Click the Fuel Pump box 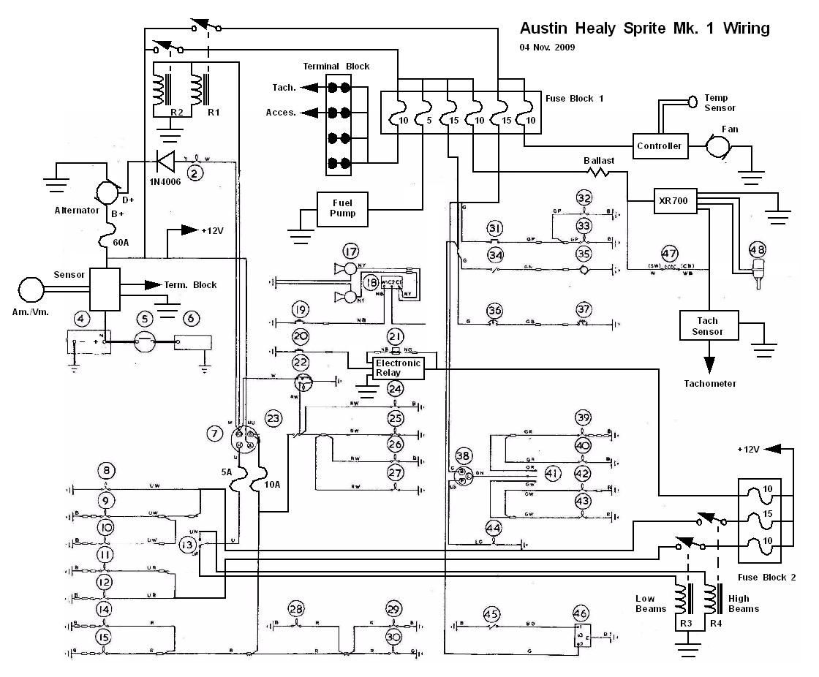[x=342, y=208]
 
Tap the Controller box [x=659, y=146]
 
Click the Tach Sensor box [x=707, y=326]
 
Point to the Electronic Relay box [x=398, y=367]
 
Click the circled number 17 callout [x=352, y=250]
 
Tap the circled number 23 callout [x=273, y=419]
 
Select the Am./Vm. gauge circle [x=31, y=290]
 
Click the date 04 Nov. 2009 [x=547, y=47]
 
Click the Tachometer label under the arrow [x=709, y=383]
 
